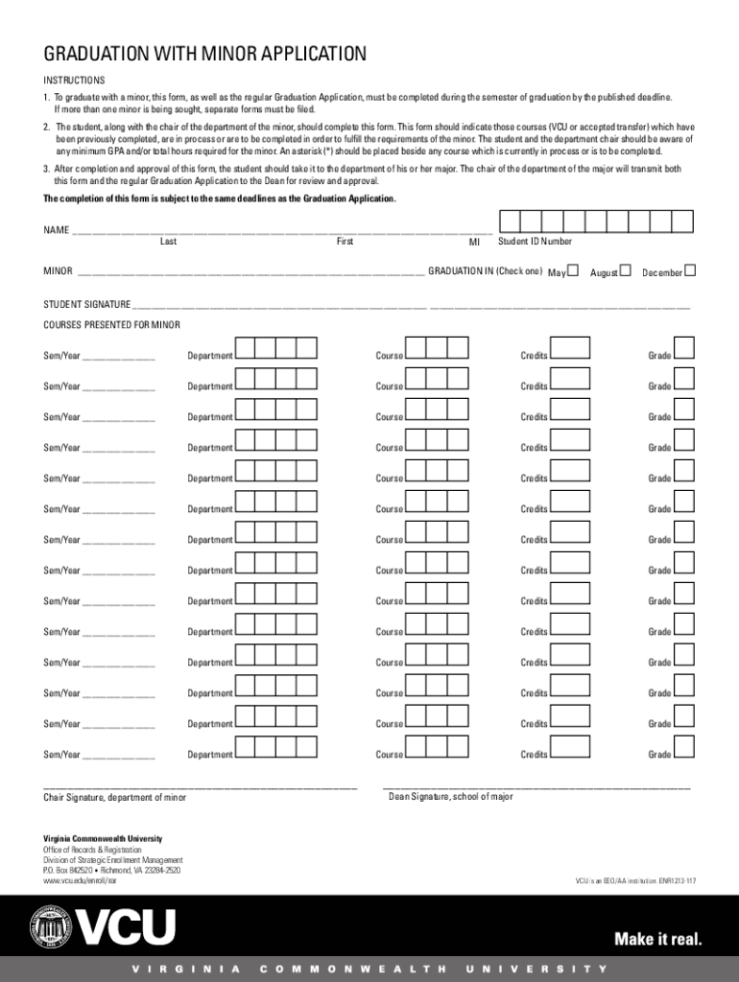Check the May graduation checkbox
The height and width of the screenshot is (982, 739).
pyautogui.click(x=573, y=271)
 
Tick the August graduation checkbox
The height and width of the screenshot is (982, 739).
pyautogui.click(x=626, y=271)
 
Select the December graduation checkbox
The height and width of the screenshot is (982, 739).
pyautogui.click(x=689, y=271)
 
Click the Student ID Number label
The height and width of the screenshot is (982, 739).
pyautogui.click(x=535, y=242)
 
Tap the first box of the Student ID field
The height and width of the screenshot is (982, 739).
pyautogui.click(x=510, y=222)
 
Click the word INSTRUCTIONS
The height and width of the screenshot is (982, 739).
pyautogui.click(x=74, y=81)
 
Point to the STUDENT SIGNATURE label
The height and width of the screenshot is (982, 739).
pyautogui.click(x=87, y=304)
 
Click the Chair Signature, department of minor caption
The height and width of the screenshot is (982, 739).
pyautogui.click(x=114, y=798)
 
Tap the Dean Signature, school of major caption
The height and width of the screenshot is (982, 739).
pyautogui.click(x=450, y=797)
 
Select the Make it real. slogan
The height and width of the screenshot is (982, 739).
pyautogui.click(x=657, y=939)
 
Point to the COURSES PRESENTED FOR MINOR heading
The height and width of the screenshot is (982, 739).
pyautogui.click(x=111, y=325)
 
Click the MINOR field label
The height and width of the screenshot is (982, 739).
pyautogui.click(x=58, y=271)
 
